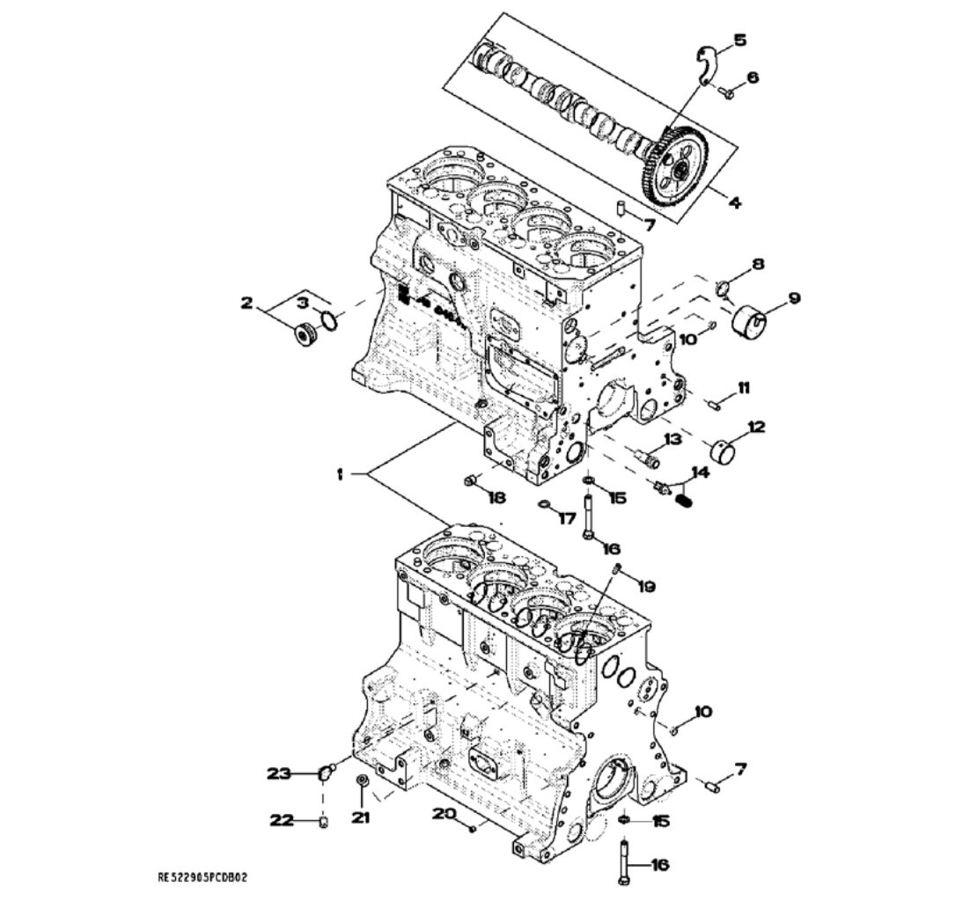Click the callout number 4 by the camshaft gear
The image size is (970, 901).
click(x=734, y=201)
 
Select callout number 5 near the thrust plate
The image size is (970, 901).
click(x=739, y=40)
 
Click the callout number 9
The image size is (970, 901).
click(x=794, y=298)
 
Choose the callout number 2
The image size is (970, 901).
click(x=246, y=304)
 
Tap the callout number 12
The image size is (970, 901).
click(x=756, y=427)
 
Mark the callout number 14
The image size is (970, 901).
click(x=700, y=472)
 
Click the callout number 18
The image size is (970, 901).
click(x=497, y=498)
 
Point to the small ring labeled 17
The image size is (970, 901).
click(x=546, y=505)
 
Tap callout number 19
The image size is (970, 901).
click(x=647, y=585)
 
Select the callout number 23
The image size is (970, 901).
click(x=279, y=773)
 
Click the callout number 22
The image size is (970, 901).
click(x=281, y=821)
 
